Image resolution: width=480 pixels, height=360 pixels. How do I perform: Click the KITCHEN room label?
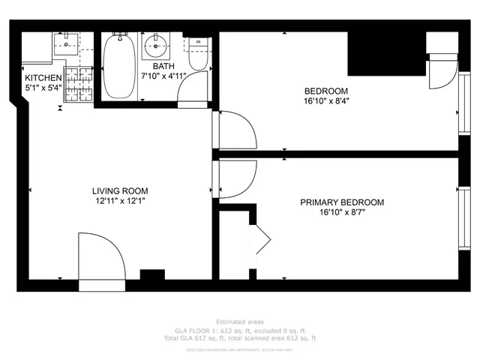point(43,77)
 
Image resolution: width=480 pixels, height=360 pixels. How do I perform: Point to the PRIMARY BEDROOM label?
point(342,202)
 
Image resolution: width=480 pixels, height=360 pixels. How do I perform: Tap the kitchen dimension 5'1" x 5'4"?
point(43,88)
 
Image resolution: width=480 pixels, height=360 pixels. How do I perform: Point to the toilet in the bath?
point(198,55)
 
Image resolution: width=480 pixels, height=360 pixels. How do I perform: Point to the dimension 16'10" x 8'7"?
point(342,212)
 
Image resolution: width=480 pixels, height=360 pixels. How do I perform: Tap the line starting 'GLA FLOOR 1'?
point(240,330)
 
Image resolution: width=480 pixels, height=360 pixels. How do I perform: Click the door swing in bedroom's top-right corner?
point(442,73)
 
